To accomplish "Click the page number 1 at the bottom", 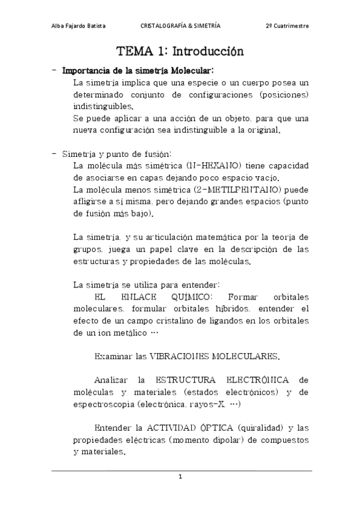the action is click(180, 477).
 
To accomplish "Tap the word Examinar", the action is click(114, 356).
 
